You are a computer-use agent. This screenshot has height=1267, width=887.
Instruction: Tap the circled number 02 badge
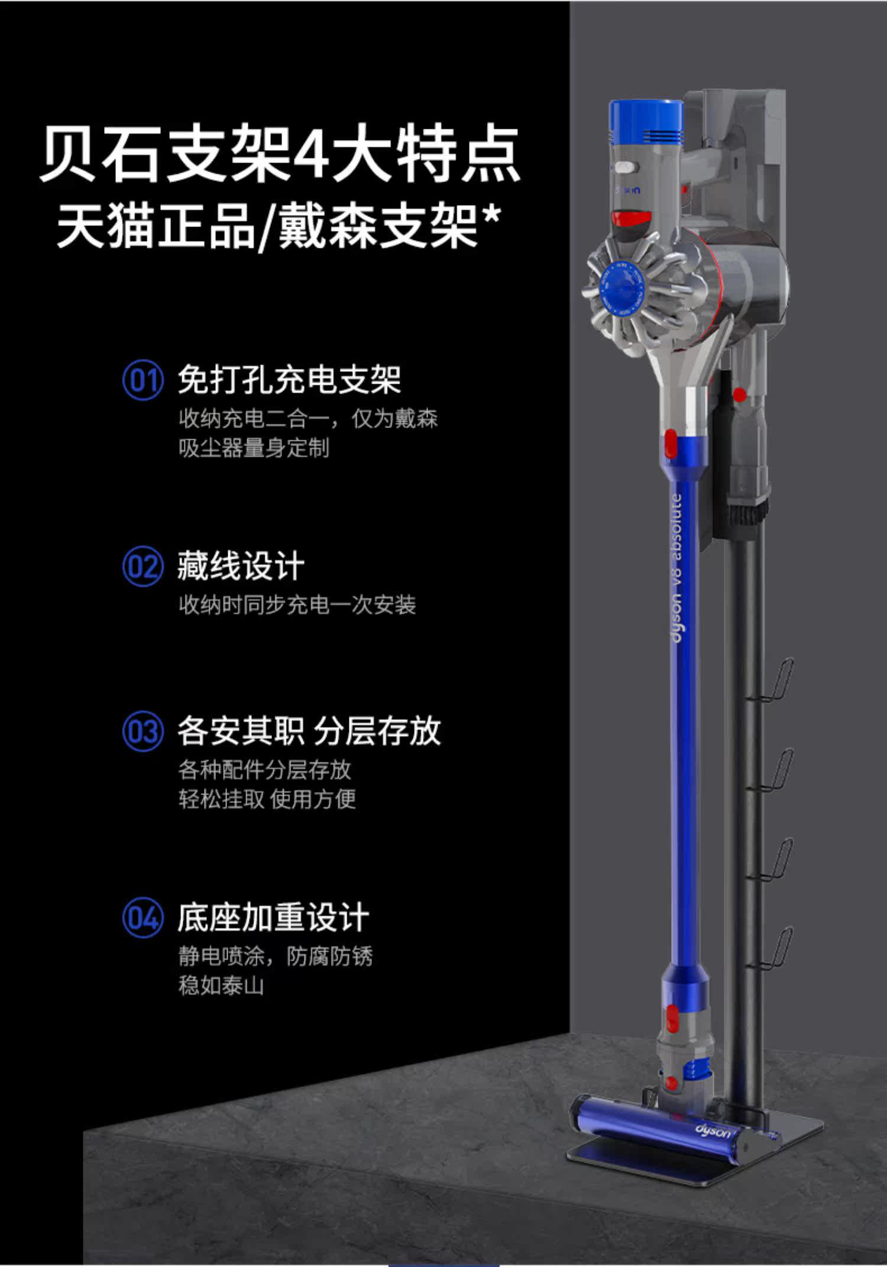coord(143,567)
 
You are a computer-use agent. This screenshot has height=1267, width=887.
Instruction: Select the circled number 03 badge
coord(143,732)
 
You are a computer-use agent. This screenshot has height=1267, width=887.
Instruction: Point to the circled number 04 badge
coord(143,918)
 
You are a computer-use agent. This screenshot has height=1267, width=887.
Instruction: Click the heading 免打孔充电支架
coord(290,380)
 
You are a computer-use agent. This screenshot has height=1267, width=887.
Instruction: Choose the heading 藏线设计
coord(241,566)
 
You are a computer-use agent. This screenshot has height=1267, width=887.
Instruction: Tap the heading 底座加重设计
coord(273,918)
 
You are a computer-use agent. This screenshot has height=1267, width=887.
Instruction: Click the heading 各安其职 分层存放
coord(309,731)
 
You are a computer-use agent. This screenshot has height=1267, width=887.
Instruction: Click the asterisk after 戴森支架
coord(491,218)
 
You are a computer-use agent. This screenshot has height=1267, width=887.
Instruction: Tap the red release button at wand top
coord(671,443)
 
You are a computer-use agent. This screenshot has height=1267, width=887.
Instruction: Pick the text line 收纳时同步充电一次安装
coord(297,605)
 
